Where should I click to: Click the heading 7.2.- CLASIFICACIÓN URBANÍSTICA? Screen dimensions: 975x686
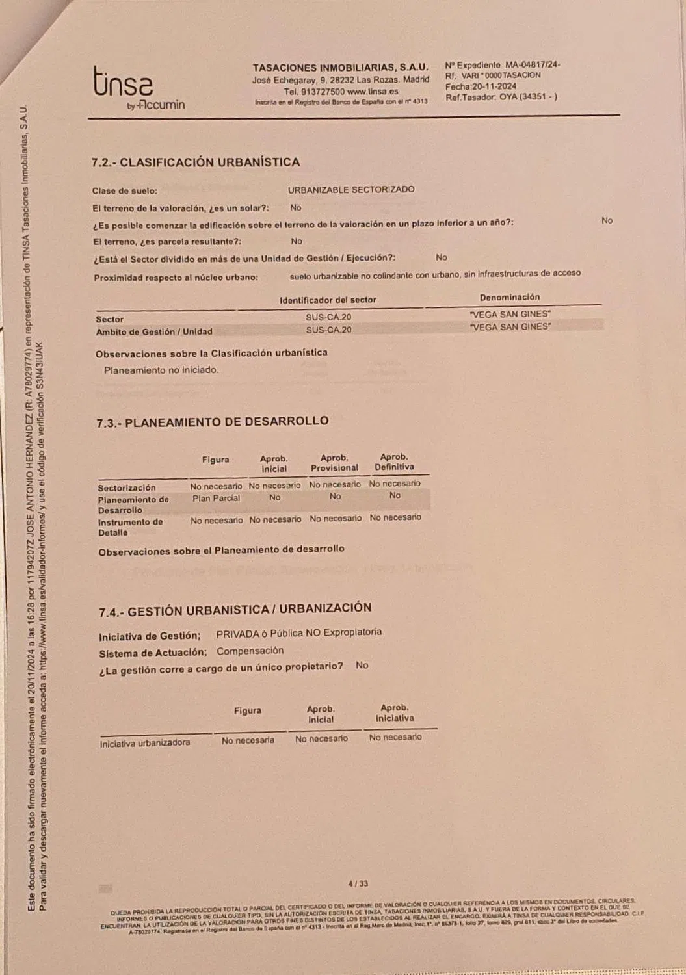(195, 162)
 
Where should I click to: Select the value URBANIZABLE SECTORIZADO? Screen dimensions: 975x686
(351, 190)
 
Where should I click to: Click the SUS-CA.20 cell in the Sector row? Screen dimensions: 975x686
(328, 317)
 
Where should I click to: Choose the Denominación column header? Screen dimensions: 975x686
(510, 297)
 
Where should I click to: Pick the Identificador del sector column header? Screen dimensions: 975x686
(328, 300)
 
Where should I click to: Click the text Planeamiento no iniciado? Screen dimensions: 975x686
(161, 370)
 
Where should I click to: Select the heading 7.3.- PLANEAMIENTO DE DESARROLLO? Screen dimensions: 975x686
(213, 422)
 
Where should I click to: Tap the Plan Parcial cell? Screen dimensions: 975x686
(216, 498)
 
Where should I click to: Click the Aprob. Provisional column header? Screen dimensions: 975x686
(334, 463)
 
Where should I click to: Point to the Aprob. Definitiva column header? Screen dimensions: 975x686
(394, 461)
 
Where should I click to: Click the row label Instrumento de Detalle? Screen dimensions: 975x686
(130, 527)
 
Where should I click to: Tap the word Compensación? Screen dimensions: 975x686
(250, 651)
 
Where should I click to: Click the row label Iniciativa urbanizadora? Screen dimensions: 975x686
(145, 743)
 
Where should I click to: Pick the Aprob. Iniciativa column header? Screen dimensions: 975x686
(395, 713)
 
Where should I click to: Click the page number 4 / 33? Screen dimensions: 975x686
(358, 883)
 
